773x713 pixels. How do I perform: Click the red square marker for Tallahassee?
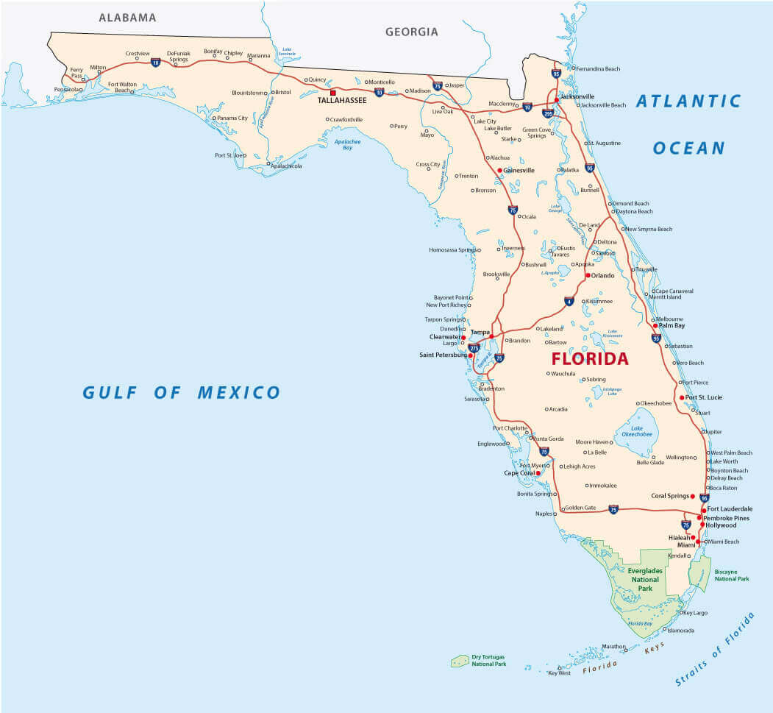[333, 93]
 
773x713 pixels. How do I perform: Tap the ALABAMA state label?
[127, 17]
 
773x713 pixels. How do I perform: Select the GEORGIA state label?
[411, 32]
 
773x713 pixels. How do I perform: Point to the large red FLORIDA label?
[590, 359]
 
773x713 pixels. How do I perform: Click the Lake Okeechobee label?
[636, 431]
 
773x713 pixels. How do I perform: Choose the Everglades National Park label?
[644, 579]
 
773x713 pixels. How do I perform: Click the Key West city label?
[559, 673]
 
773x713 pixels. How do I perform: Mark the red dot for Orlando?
[587, 275]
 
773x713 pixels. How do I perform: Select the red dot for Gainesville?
[499, 170]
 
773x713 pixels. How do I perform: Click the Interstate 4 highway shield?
[569, 301]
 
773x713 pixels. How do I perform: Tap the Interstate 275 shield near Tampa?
[474, 347]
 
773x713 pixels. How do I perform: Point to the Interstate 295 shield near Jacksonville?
[547, 113]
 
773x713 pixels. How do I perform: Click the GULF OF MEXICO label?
[181, 392]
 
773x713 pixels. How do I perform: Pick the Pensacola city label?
[68, 90]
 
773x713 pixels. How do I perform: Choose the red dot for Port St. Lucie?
[682, 397]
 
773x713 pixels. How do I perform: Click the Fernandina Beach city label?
[597, 69]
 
